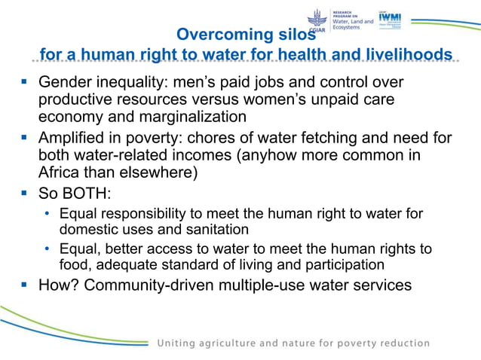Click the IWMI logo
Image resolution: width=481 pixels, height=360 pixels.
390,20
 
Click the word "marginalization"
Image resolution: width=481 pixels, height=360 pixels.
192,117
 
